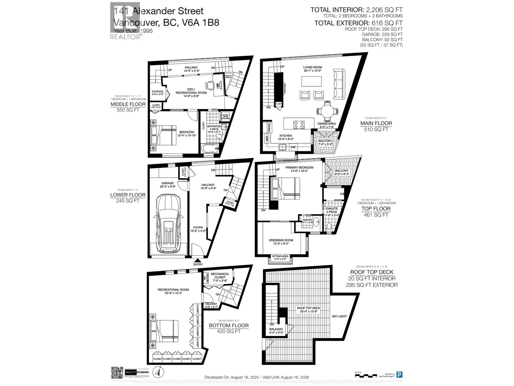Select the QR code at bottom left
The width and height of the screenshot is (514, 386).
tap(117, 372)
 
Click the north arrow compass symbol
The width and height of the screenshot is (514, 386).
tap(157, 372)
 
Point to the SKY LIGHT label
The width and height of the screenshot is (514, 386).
tap(339, 316)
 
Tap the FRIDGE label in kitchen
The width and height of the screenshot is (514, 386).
tap(269, 128)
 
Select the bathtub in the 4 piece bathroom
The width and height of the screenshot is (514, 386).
tap(210, 148)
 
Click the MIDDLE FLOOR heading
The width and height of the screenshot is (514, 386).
tap(128, 104)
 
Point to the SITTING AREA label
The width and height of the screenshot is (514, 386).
tap(280, 256)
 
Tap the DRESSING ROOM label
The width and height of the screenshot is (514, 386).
tap(281, 240)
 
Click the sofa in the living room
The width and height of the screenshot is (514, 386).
tap(338, 80)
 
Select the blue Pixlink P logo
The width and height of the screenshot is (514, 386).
tap(399, 375)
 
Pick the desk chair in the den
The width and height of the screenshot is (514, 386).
tap(210, 85)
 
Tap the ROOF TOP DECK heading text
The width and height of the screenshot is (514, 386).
tap(372, 272)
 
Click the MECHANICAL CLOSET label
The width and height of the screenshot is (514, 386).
tap(220, 276)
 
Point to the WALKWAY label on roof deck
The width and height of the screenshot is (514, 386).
tap(276, 329)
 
